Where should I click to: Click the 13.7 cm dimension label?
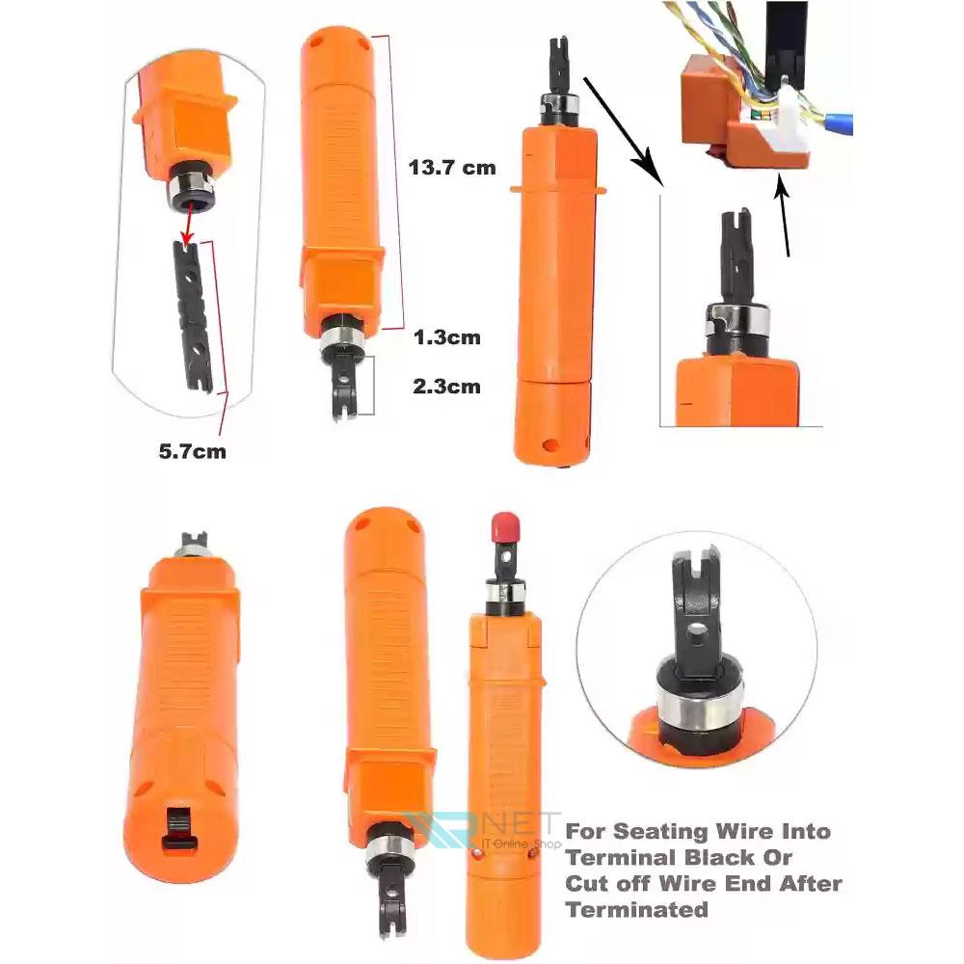[452, 167]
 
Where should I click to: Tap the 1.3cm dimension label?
[447, 336]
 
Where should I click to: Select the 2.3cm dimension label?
[446, 387]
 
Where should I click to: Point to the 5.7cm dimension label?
[193, 451]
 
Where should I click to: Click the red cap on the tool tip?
[505, 526]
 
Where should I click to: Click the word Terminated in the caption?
[637, 909]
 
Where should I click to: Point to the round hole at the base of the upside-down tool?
[550, 444]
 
